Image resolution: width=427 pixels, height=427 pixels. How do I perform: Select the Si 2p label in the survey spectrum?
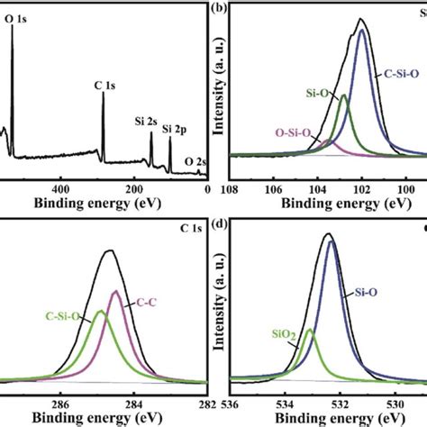point(177,130)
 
